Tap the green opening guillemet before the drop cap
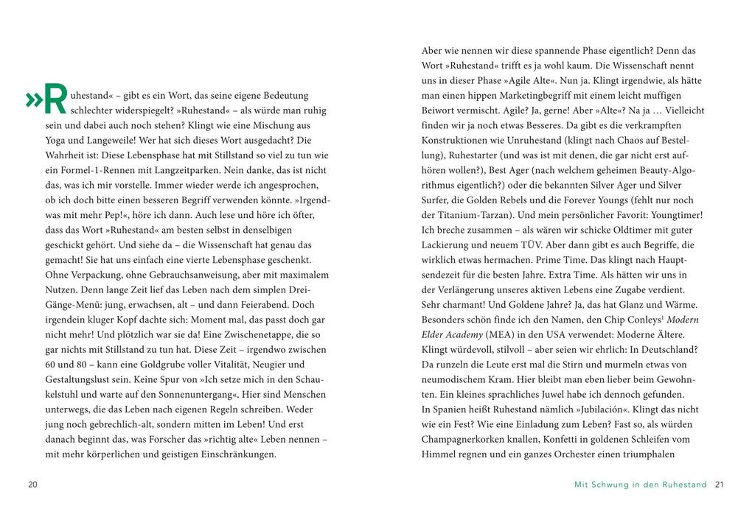coord(32,101)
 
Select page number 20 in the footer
coord(32,485)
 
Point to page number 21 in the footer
coord(720,485)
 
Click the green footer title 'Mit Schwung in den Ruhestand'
coord(640,485)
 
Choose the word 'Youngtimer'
coord(672,214)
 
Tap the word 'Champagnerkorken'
coord(464,439)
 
